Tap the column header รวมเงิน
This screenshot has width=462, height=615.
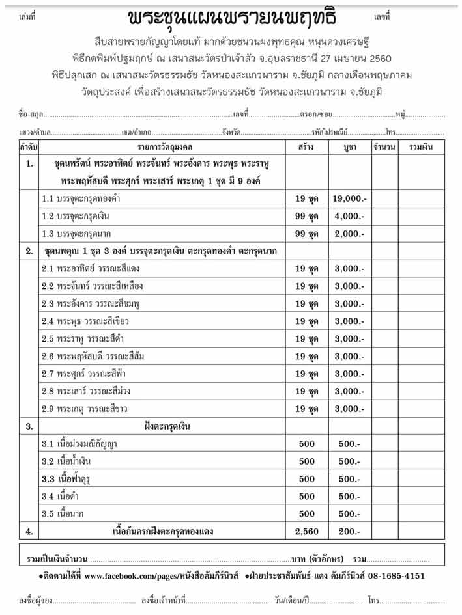(421, 148)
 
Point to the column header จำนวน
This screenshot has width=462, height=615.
(384, 148)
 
